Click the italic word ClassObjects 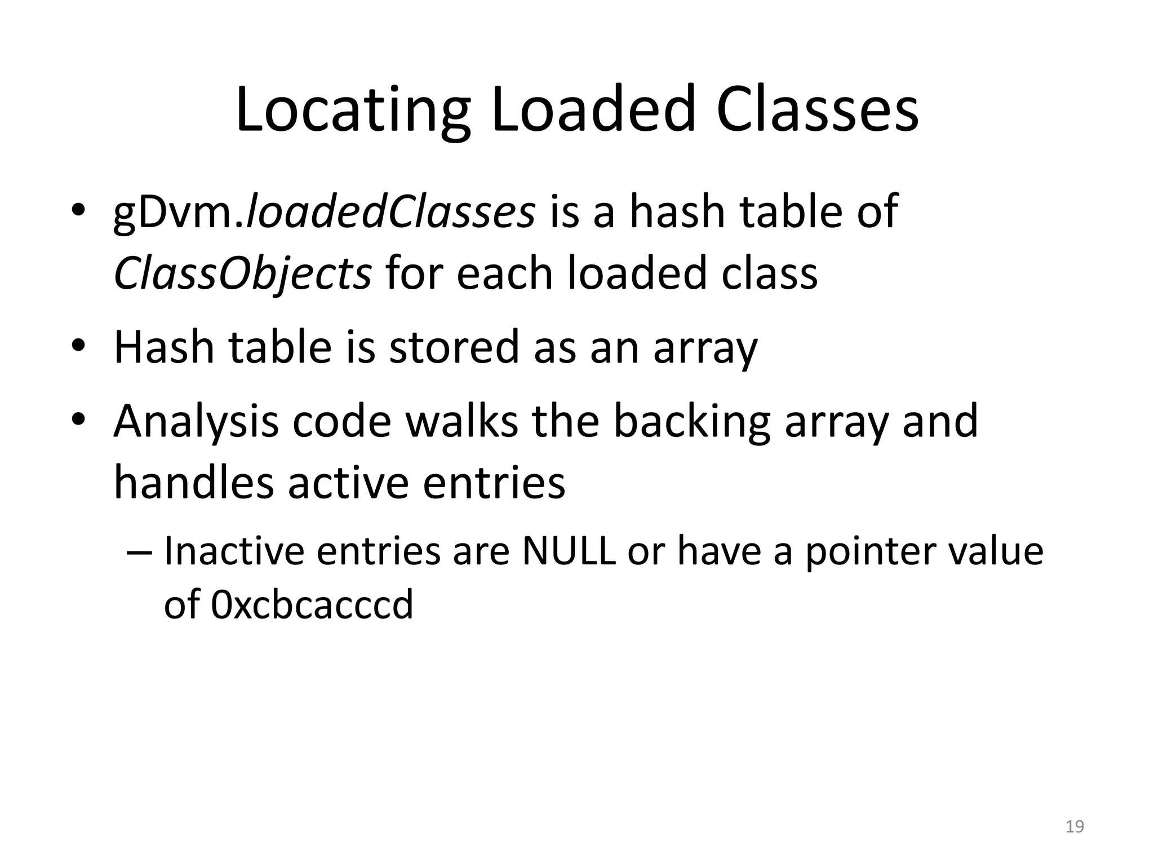point(242,273)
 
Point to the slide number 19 point(1075,827)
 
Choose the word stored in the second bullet point(454,347)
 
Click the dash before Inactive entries point(140,552)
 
